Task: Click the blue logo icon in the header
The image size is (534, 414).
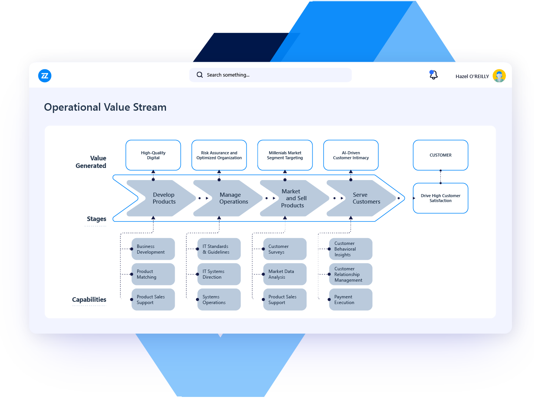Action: (45, 76)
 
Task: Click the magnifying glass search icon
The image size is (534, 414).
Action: (200, 75)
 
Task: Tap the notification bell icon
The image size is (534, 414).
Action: (433, 75)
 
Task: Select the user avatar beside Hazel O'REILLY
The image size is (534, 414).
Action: (499, 76)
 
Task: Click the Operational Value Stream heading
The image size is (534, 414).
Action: (105, 107)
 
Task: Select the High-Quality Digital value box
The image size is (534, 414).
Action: (153, 155)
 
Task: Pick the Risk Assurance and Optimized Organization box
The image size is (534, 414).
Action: (219, 155)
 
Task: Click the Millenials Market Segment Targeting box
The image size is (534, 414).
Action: (285, 155)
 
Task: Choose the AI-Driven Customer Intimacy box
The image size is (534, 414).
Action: (351, 155)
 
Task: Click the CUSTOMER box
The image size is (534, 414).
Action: (440, 155)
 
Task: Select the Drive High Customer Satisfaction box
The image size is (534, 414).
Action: (440, 198)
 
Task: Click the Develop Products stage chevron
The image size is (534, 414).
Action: (164, 198)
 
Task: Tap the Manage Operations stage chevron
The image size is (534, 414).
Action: (231, 198)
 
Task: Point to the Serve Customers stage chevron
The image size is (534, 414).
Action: (364, 198)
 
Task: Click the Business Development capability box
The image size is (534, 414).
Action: (153, 249)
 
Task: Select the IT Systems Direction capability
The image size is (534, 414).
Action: (219, 274)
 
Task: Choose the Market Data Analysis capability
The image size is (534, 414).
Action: (285, 274)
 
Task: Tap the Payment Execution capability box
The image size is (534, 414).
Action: (351, 300)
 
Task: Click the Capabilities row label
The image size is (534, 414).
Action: (89, 300)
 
